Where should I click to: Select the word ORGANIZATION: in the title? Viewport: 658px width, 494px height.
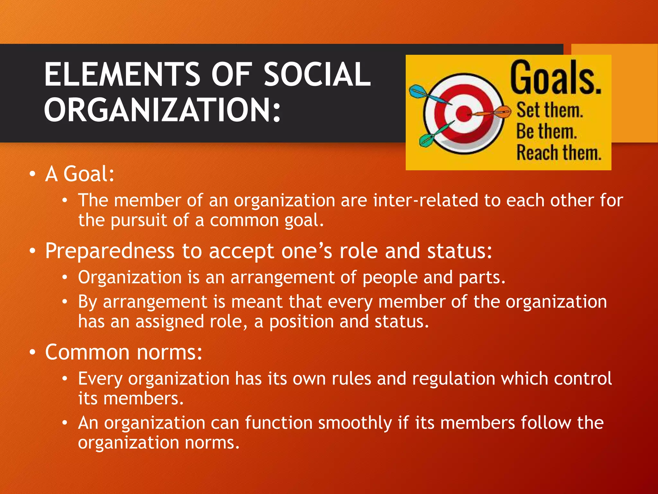[x=162, y=110]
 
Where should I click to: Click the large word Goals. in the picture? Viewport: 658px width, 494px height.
[x=556, y=78]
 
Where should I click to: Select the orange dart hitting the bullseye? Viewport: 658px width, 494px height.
[x=492, y=113]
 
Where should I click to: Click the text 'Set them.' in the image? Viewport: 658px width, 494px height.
[x=549, y=110]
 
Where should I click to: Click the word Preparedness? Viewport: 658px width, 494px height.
[x=110, y=251]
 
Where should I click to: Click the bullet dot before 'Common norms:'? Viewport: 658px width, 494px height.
[x=32, y=352]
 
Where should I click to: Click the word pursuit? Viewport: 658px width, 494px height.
[x=138, y=221]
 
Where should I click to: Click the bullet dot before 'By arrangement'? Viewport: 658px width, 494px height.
[x=65, y=302]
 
